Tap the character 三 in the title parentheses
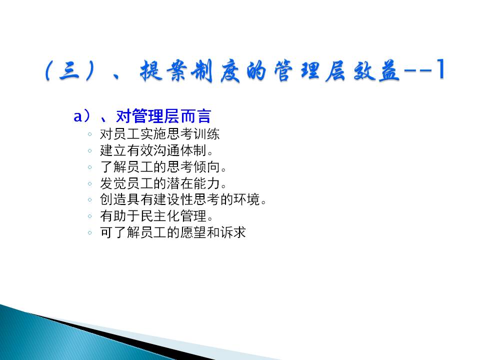point(70,70)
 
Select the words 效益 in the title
point(376,71)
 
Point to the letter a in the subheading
point(78,116)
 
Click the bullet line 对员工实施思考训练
point(160,134)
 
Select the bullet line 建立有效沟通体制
point(156,150)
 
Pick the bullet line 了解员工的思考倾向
point(163,167)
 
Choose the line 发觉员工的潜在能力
point(163,183)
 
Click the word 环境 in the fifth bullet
point(246,199)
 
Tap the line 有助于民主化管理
point(156,216)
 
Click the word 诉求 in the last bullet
point(233,232)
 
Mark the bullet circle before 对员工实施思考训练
point(89,134)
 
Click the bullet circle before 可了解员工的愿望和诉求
point(89,232)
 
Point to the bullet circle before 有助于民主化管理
point(89,216)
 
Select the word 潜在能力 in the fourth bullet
point(193,183)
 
